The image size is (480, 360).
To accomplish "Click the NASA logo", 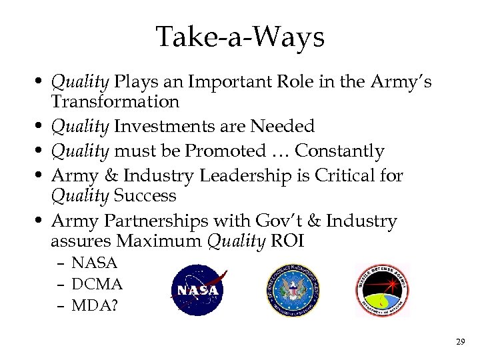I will click(x=197, y=289).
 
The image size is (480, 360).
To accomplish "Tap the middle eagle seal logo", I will click(x=293, y=289).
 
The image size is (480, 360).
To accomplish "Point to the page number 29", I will click(x=460, y=342).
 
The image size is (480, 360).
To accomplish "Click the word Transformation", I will click(x=115, y=101).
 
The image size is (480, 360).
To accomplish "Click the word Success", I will click(x=145, y=195).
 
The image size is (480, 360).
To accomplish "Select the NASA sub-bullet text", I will click(x=94, y=263).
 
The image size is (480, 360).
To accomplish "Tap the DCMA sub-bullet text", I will click(x=97, y=284).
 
